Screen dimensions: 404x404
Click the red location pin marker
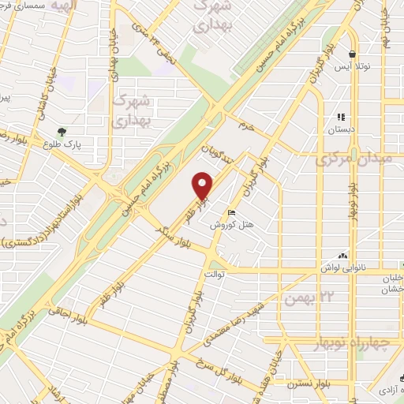tap(203, 186)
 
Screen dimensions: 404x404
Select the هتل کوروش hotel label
tap(230, 225)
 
